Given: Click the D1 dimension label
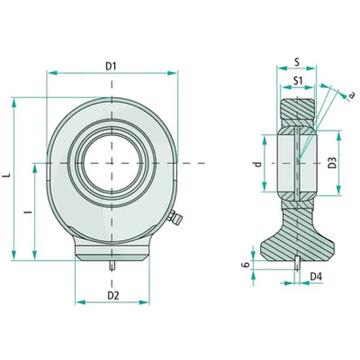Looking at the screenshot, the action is pos(111,66).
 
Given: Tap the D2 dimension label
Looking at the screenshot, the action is pos(113,296).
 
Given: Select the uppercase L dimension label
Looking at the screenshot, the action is pos(7,175).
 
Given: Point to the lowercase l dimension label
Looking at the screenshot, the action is pos(28,211).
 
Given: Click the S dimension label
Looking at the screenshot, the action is pos(297,62).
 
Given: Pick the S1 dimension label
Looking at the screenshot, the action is pos(298,81).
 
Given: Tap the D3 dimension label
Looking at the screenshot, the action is pos(333,163).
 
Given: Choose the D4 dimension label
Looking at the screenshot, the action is pos(316,277).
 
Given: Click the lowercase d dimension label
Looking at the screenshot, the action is pos(259,164).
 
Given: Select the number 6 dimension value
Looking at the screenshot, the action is pos(245,264).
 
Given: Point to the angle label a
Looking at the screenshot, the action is pos(351,94).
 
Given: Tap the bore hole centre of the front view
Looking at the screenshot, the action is pos(112,163).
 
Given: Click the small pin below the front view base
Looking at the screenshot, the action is pos(112,266).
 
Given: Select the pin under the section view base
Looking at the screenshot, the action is pos(297,263).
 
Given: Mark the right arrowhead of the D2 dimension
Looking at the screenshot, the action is pos(144,302).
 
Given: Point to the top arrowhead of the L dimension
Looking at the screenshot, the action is pos(14,103).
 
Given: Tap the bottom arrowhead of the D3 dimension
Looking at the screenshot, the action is pos(338,190).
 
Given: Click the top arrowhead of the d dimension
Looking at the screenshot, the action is pos(264,140).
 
